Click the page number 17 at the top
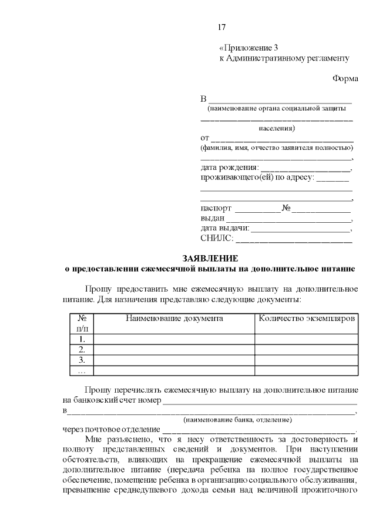coord(221,28)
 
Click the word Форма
coord(345,78)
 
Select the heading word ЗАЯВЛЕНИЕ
coord(210,259)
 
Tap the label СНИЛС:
coord(217,238)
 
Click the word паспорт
coord(216,208)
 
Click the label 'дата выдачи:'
coord(225,228)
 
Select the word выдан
coord(212,218)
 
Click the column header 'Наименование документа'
coord(174,318)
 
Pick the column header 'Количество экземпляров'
coord(306,318)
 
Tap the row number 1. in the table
coord(82,339)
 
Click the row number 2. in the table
coord(82,350)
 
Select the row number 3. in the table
coord(82,360)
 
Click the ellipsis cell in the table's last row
coord(82,370)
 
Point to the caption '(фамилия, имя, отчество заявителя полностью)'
coord(276,148)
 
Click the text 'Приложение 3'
coord(246,48)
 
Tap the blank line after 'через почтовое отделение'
coord(258,430)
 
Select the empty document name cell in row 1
coord(174,339)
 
